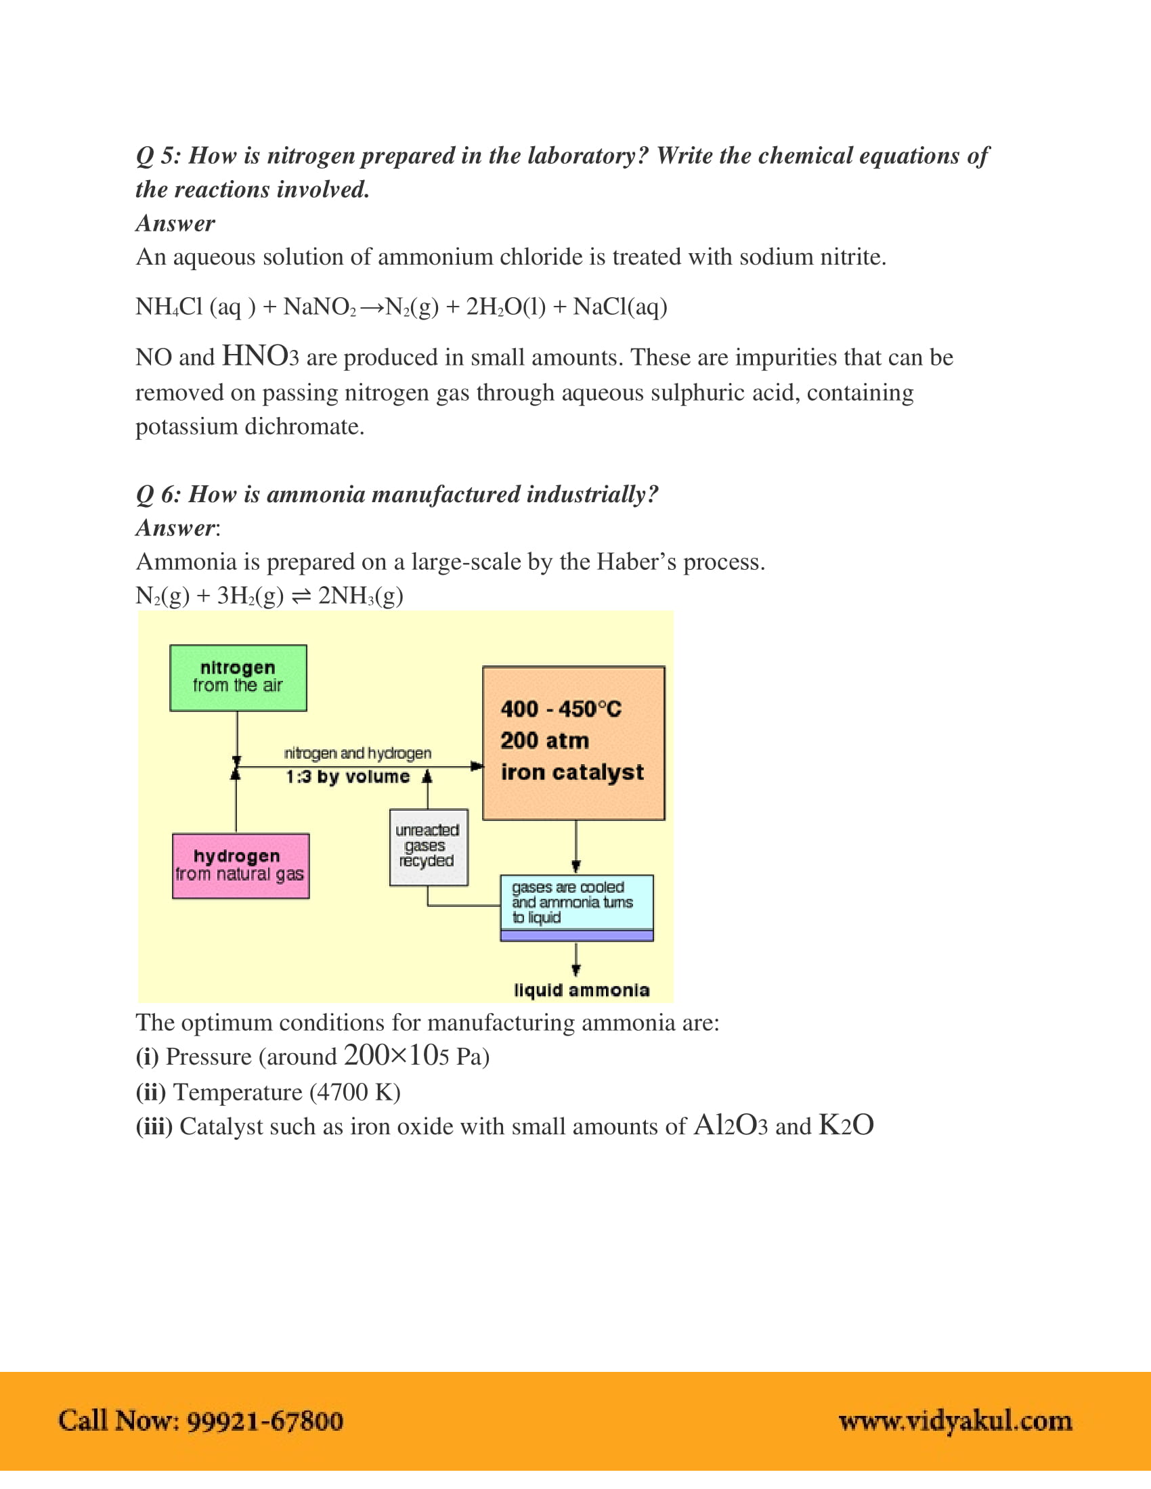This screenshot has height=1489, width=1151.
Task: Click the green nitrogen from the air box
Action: [238, 677]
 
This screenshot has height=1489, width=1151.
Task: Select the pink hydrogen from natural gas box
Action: [240, 866]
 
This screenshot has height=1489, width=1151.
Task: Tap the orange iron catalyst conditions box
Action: [573, 742]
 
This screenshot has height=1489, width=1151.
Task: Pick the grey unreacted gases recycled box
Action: [428, 847]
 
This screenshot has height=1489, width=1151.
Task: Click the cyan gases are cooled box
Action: [576, 903]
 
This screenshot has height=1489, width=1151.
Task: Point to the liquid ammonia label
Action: [581, 990]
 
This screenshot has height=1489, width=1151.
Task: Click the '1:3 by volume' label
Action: [348, 776]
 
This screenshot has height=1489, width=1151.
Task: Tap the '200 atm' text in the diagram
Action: [544, 740]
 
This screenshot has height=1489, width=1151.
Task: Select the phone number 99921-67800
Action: [265, 1421]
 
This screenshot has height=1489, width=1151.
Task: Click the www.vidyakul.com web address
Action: [955, 1421]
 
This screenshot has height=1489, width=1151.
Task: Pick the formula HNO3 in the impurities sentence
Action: [260, 357]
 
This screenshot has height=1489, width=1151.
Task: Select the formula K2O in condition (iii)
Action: [846, 1126]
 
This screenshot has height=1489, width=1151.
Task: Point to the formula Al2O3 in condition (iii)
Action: [731, 1126]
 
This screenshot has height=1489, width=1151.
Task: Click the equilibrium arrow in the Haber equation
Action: [301, 596]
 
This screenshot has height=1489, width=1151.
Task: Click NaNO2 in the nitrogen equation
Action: [319, 307]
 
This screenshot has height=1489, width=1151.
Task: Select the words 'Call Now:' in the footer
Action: [118, 1421]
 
